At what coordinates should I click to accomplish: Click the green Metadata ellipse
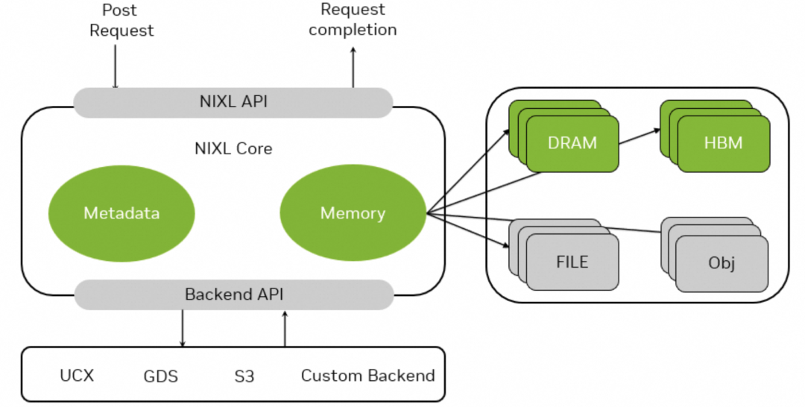coord(121,213)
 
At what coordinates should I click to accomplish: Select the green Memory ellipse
coord(353,213)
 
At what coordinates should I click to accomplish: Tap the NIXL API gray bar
coord(233,102)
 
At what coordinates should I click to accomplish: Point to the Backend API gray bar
coord(233,294)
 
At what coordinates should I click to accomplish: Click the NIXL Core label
coord(233,148)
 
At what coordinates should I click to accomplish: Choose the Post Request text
coord(121,21)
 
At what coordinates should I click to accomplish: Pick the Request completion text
coord(353,20)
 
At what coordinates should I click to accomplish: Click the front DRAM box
coord(572,142)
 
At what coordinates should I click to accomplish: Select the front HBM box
coord(723,142)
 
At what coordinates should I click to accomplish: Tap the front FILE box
coord(572,262)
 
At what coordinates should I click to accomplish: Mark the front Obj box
coord(722,264)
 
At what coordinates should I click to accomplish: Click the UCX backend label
coord(77,375)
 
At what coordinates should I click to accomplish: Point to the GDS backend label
coord(161,376)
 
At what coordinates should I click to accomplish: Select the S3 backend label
coord(244,376)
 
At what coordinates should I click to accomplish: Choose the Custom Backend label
coord(367,375)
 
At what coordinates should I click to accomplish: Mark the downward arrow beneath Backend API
coord(183,328)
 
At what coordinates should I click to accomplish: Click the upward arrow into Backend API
coord(284,328)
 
